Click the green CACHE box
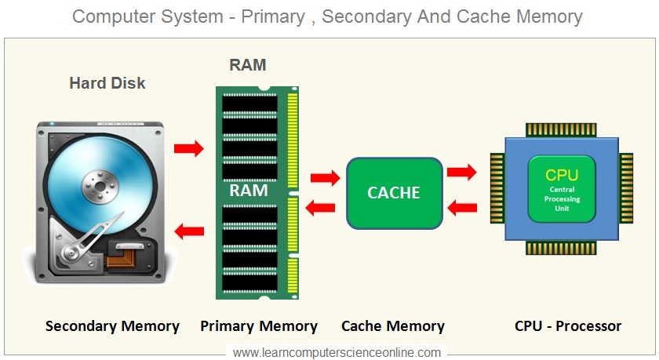(x=395, y=192)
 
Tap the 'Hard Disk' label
(x=107, y=83)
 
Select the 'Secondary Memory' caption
(x=112, y=326)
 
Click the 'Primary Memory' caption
(x=259, y=326)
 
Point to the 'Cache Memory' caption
(x=393, y=326)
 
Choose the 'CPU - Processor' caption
(x=568, y=326)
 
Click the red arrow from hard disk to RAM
(x=189, y=148)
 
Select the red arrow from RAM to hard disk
(x=189, y=230)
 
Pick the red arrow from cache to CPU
(x=461, y=173)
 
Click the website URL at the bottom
(x=337, y=352)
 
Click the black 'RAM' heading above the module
(x=247, y=65)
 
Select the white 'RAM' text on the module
(x=249, y=190)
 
